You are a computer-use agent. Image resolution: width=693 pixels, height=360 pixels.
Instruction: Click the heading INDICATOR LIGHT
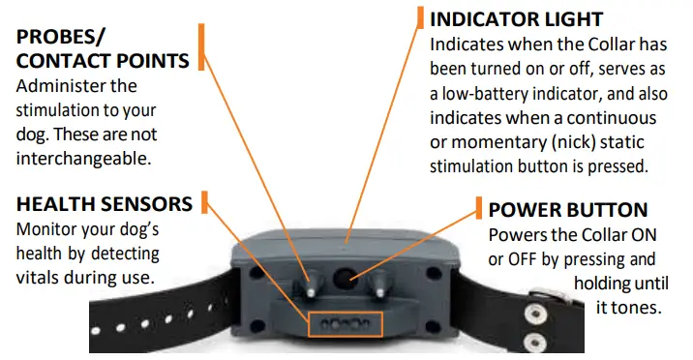coord(516,19)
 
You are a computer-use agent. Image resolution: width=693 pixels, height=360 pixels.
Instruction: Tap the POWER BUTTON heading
coord(568,210)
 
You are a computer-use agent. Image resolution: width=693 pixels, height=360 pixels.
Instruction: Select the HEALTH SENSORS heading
coord(105,204)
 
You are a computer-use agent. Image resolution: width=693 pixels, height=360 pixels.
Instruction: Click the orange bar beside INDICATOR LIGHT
coord(420,17)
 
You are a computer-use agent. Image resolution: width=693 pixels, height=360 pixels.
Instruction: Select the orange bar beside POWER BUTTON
coord(479,208)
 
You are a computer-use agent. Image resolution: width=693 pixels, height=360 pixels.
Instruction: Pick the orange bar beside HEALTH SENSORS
coord(203,202)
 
